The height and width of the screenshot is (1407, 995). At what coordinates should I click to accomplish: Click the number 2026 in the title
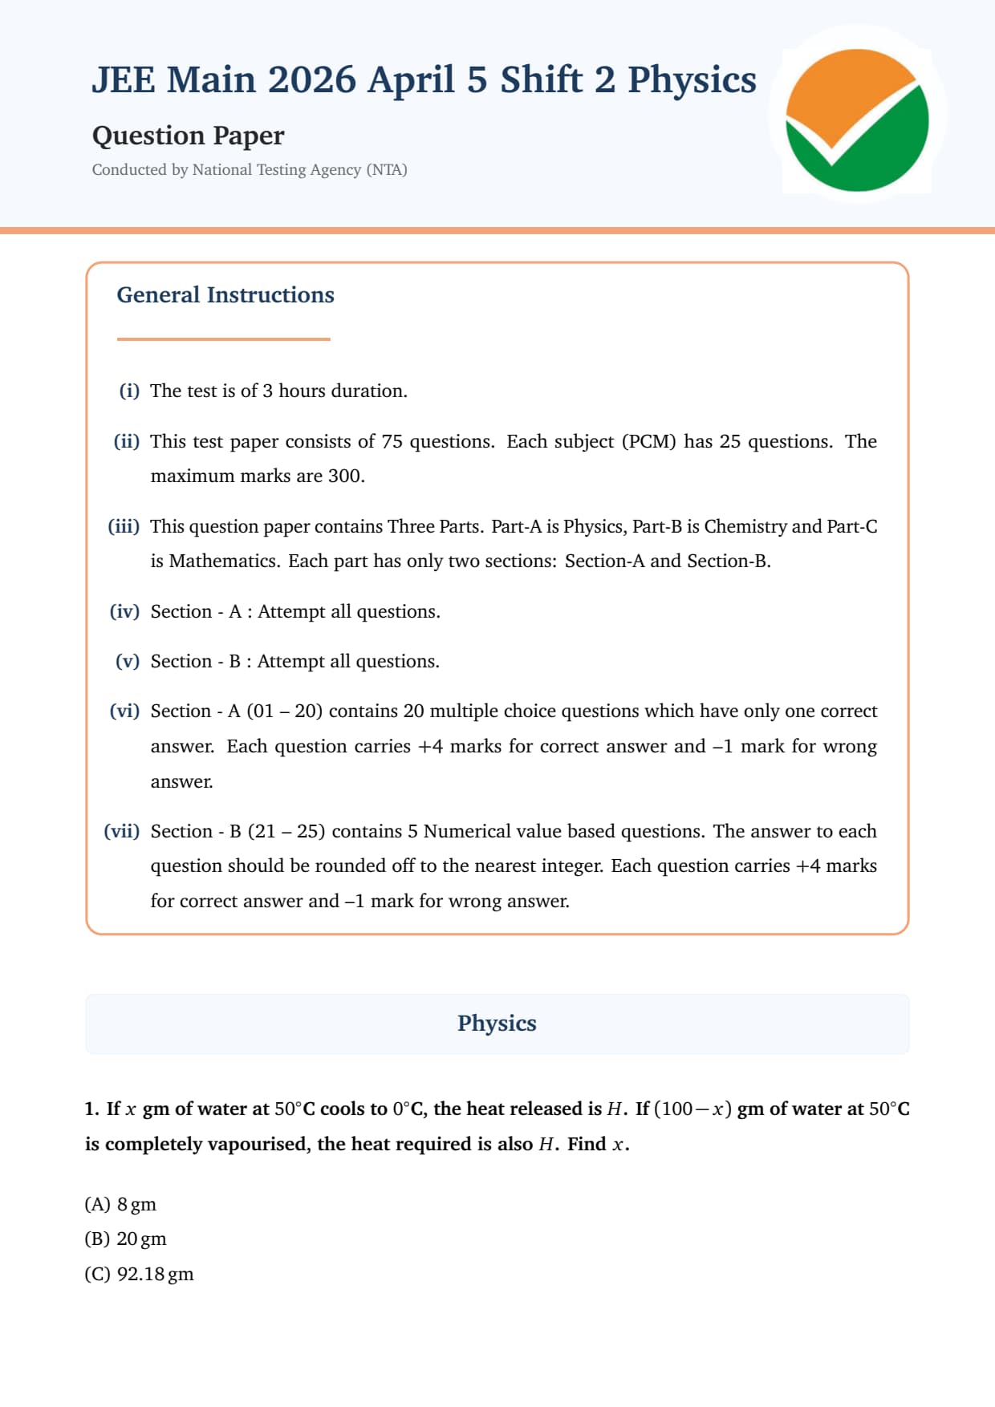click(x=311, y=80)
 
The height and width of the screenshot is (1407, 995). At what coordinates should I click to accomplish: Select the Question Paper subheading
click(x=188, y=136)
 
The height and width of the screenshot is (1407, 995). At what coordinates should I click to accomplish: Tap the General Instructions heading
click(x=225, y=295)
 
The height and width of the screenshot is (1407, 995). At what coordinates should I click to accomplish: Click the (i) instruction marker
click(x=129, y=391)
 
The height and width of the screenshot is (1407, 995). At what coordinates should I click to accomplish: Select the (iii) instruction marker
click(x=124, y=526)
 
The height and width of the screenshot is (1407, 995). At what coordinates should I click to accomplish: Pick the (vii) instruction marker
click(x=121, y=831)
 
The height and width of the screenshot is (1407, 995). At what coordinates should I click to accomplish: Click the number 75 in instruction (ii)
click(x=392, y=441)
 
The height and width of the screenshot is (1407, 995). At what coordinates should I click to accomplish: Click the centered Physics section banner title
click(x=497, y=1024)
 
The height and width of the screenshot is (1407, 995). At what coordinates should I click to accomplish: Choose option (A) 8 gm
click(x=120, y=1204)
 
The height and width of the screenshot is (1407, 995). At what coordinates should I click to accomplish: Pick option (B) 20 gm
click(x=125, y=1239)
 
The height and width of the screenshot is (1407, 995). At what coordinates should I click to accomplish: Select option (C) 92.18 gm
click(x=139, y=1274)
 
